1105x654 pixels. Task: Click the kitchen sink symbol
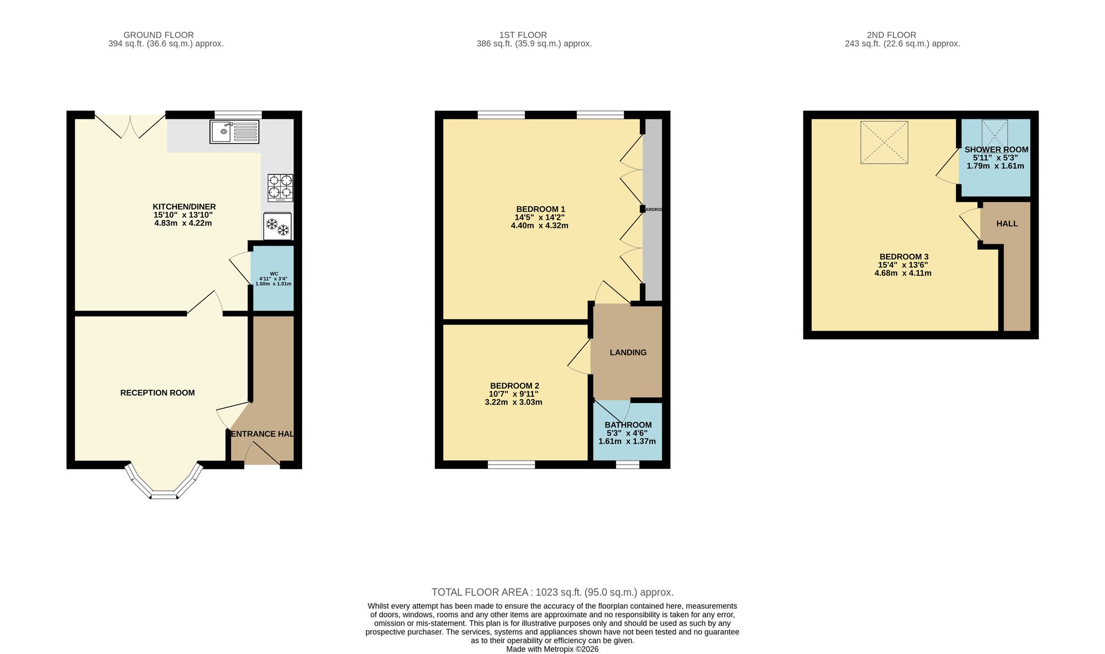(234, 132)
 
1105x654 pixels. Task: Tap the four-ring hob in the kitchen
(281, 187)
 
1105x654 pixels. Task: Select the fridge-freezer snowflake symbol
(278, 226)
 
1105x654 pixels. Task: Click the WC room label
(274, 274)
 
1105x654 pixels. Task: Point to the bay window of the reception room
(164, 485)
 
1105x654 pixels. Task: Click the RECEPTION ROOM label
(157, 393)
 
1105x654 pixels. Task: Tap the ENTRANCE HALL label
(262, 434)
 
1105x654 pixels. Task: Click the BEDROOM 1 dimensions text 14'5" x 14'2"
(540, 217)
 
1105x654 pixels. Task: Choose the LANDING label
(628, 353)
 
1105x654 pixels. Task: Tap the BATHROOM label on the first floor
(628, 425)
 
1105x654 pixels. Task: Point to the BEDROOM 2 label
(514, 386)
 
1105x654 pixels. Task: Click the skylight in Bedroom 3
(884, 142)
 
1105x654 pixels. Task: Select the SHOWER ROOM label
(996, 149)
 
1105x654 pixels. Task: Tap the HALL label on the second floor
(1007, 224)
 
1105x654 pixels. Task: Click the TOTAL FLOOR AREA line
(552, 592)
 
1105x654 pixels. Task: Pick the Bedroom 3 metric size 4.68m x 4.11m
(903, 273)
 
